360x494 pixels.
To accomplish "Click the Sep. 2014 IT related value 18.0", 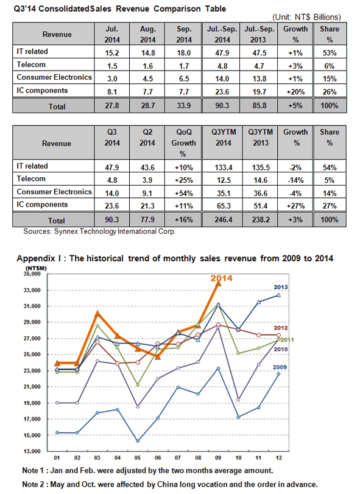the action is (x=183, y=53).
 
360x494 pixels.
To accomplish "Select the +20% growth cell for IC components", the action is (x=295, y=92).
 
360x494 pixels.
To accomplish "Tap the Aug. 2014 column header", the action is (x=148, y=34).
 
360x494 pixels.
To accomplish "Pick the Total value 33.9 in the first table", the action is (x=183, y=105).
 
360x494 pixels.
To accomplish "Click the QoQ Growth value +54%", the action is (x=183, y=194).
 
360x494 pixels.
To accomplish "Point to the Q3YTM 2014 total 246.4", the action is (x=224, y=220).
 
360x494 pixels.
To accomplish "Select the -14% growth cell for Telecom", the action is (x=295, y=180).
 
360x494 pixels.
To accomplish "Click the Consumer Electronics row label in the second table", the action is (x=54, y=192).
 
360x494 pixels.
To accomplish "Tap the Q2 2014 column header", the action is (x=147, y=138).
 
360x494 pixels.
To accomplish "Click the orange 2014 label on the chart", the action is (x=221, y=278).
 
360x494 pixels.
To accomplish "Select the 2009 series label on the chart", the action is (x=280, y=367).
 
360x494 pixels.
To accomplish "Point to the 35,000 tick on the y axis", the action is (x=32, y=273).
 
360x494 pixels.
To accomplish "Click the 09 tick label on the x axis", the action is (x=218, y=458).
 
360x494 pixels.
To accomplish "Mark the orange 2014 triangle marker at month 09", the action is (x=218, y=283).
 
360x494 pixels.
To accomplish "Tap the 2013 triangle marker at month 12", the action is (x=278, y=295).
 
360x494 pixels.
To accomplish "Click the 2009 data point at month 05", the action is (x=138, y=441).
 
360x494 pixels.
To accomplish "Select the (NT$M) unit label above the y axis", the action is (x=35, y=268).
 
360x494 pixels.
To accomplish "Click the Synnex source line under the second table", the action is (x=99, y=231).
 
